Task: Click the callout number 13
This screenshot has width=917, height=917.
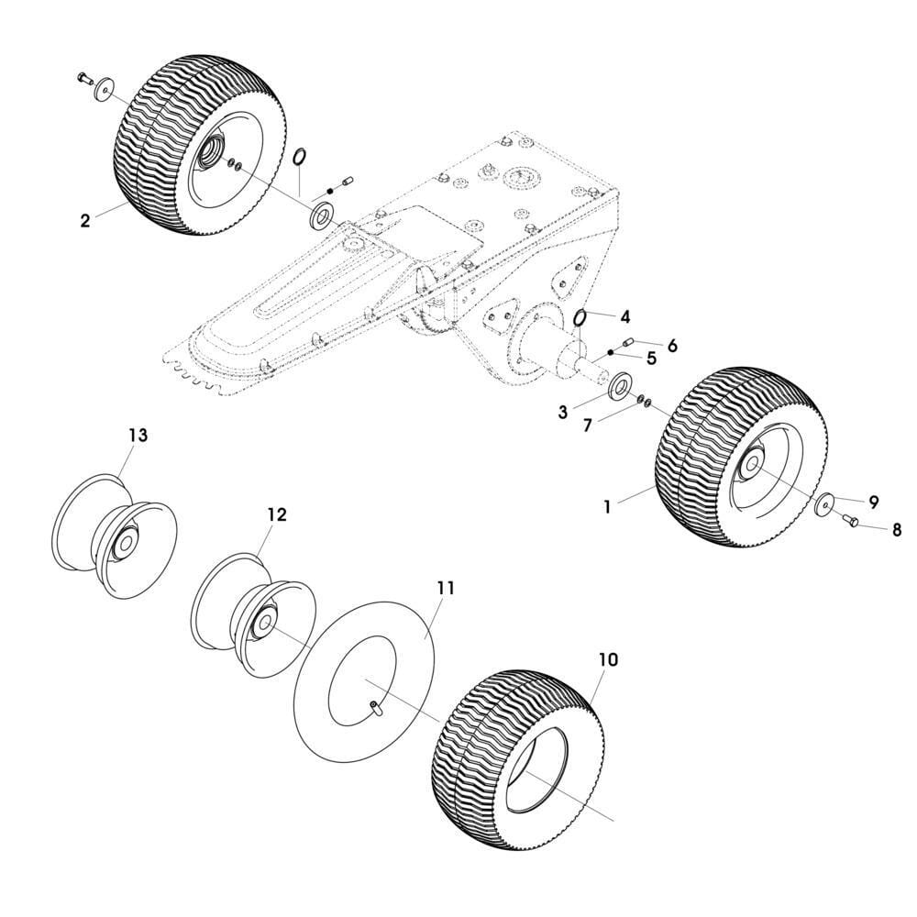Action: pos(138,436)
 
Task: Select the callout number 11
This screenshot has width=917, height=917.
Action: pos(446,588)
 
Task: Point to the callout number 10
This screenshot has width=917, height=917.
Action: pos(608,659)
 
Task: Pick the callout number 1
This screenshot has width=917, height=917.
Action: pos(607,505)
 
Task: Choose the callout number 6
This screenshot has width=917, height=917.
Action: pos(672,345)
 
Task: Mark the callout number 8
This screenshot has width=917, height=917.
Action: pos(896,530)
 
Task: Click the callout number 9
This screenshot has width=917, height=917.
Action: pos(874,502)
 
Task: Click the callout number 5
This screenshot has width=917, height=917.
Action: pos(651,358)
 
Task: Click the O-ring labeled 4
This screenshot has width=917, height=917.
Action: pos(580,317)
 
